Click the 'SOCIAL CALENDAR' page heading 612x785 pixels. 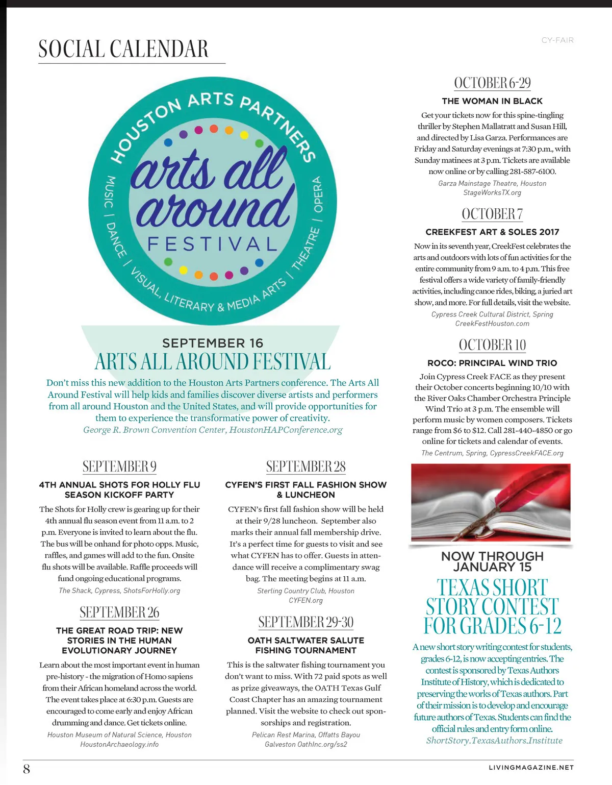click(x=123, y=50)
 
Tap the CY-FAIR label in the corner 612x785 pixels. click(x=557, y=40)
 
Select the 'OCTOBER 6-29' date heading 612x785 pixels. click(x=492, y=83)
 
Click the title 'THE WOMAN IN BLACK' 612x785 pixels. click(x=492, y=101)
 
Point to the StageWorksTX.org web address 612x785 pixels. click(x=492, y=193)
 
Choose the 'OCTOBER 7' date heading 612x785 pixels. click(x=492, y=214)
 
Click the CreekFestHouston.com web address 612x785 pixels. click(x=492, y=324)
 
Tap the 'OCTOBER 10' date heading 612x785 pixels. click(x=492, y=345)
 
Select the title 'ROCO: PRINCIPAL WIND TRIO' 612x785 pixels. click(x=492, y=363)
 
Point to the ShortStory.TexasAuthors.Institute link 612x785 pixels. click(x=494, y=741)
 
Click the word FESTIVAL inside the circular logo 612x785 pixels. click(x=212, y=244)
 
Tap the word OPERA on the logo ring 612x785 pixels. click(x=318, y=195)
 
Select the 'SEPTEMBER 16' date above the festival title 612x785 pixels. click(x=213, y=343)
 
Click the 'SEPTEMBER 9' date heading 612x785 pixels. click(x=119, y=467)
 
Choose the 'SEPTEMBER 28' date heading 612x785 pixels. click(x=305, y=467)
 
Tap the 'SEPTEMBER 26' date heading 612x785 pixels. click(x=119, y=612)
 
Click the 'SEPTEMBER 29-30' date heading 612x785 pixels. click(x=305, y=622)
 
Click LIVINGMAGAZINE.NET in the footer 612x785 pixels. click(x=531, y=767)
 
